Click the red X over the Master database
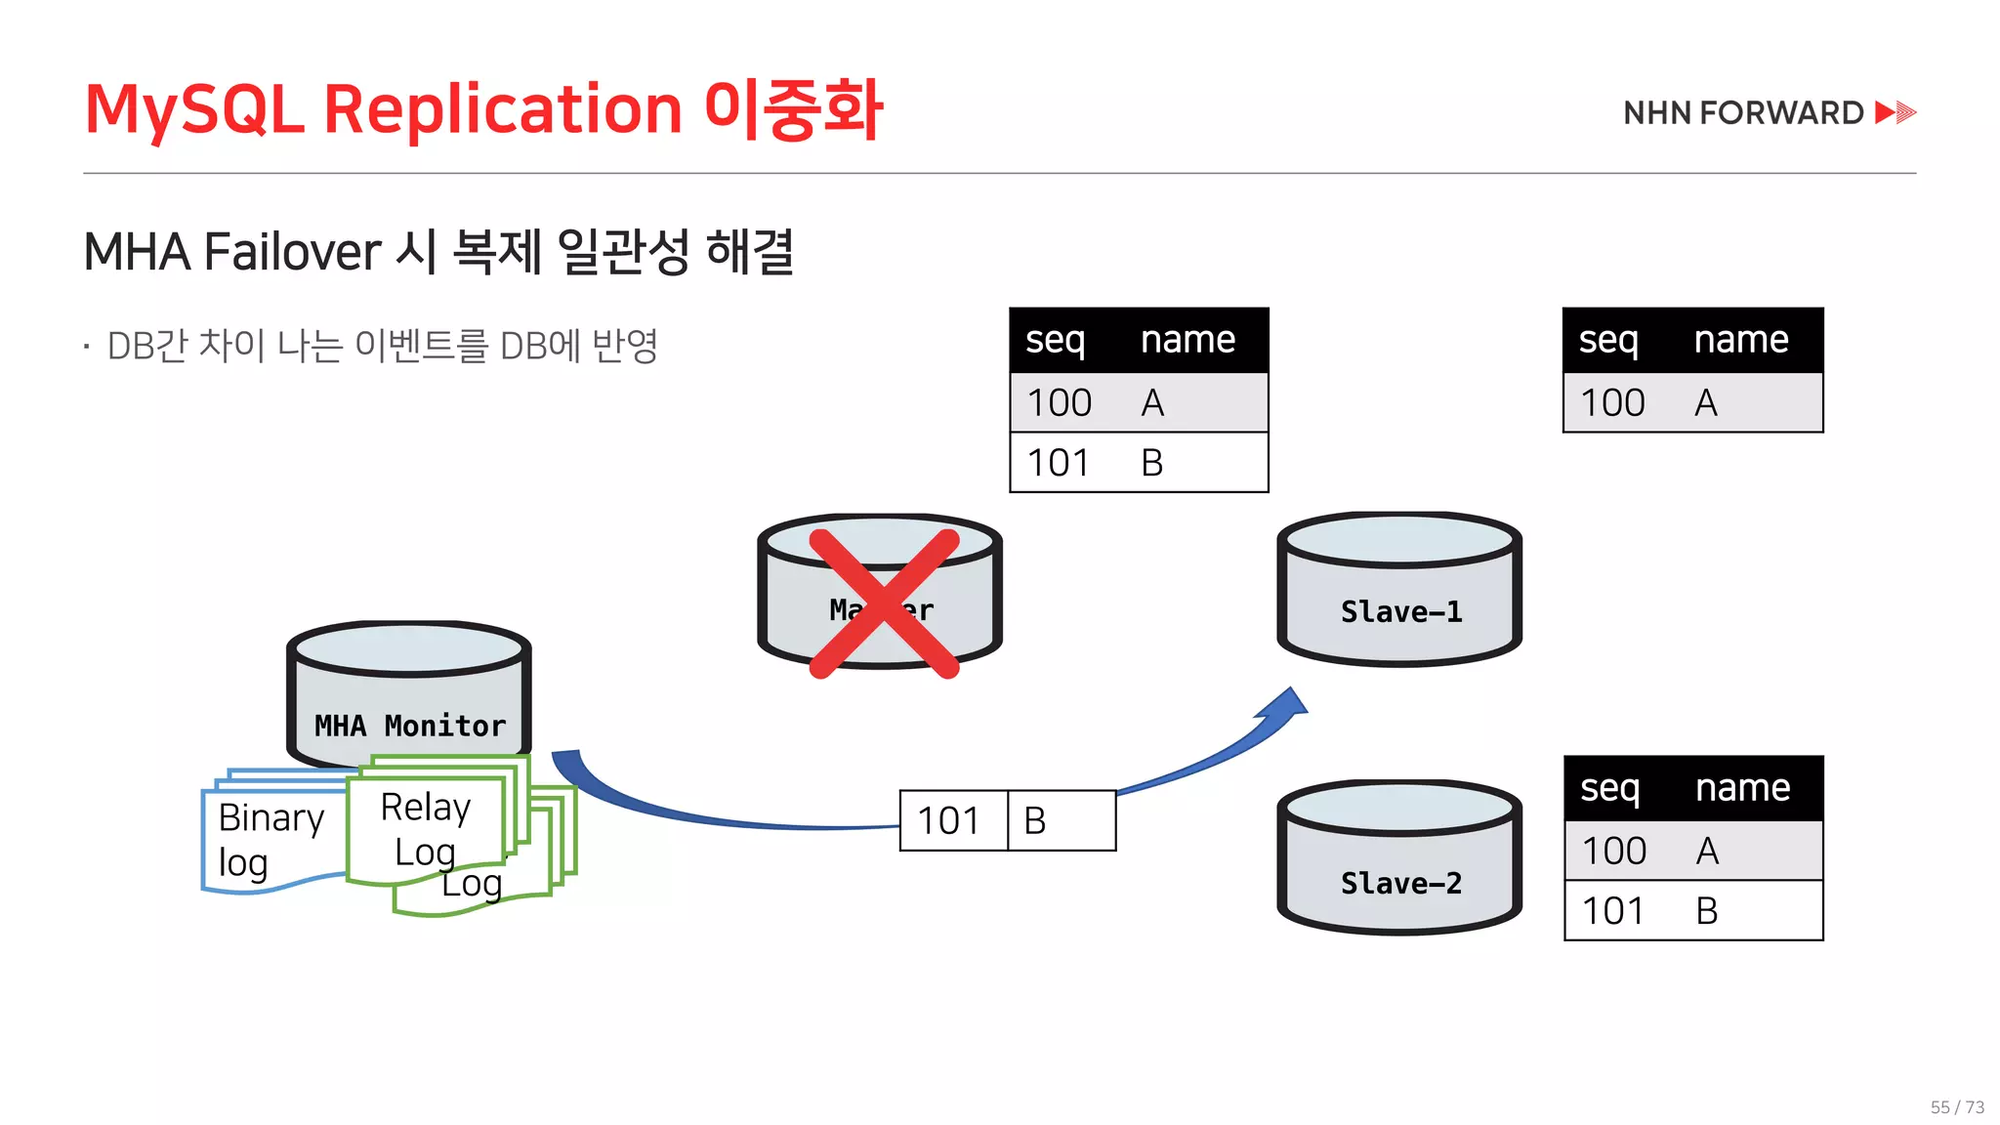[884, 603]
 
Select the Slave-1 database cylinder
[1399, 590]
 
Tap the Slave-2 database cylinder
[1399, 858]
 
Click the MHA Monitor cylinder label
[410, 726]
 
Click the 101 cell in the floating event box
[950, 821]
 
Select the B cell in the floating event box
[1036, 821]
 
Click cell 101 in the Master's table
[1058, 463]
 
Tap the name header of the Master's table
[1187, 340]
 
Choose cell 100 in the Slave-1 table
[1612, 402]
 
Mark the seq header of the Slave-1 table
[1607, 340]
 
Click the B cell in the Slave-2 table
[1706, 911]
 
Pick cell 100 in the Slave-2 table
[1613, 851]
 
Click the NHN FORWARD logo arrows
[1896, 112]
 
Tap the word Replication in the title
[502, 108]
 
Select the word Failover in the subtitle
[293, 252]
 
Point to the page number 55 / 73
[1957, 1107]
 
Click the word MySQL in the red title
[194, 108]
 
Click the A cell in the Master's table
[1152, 402]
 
